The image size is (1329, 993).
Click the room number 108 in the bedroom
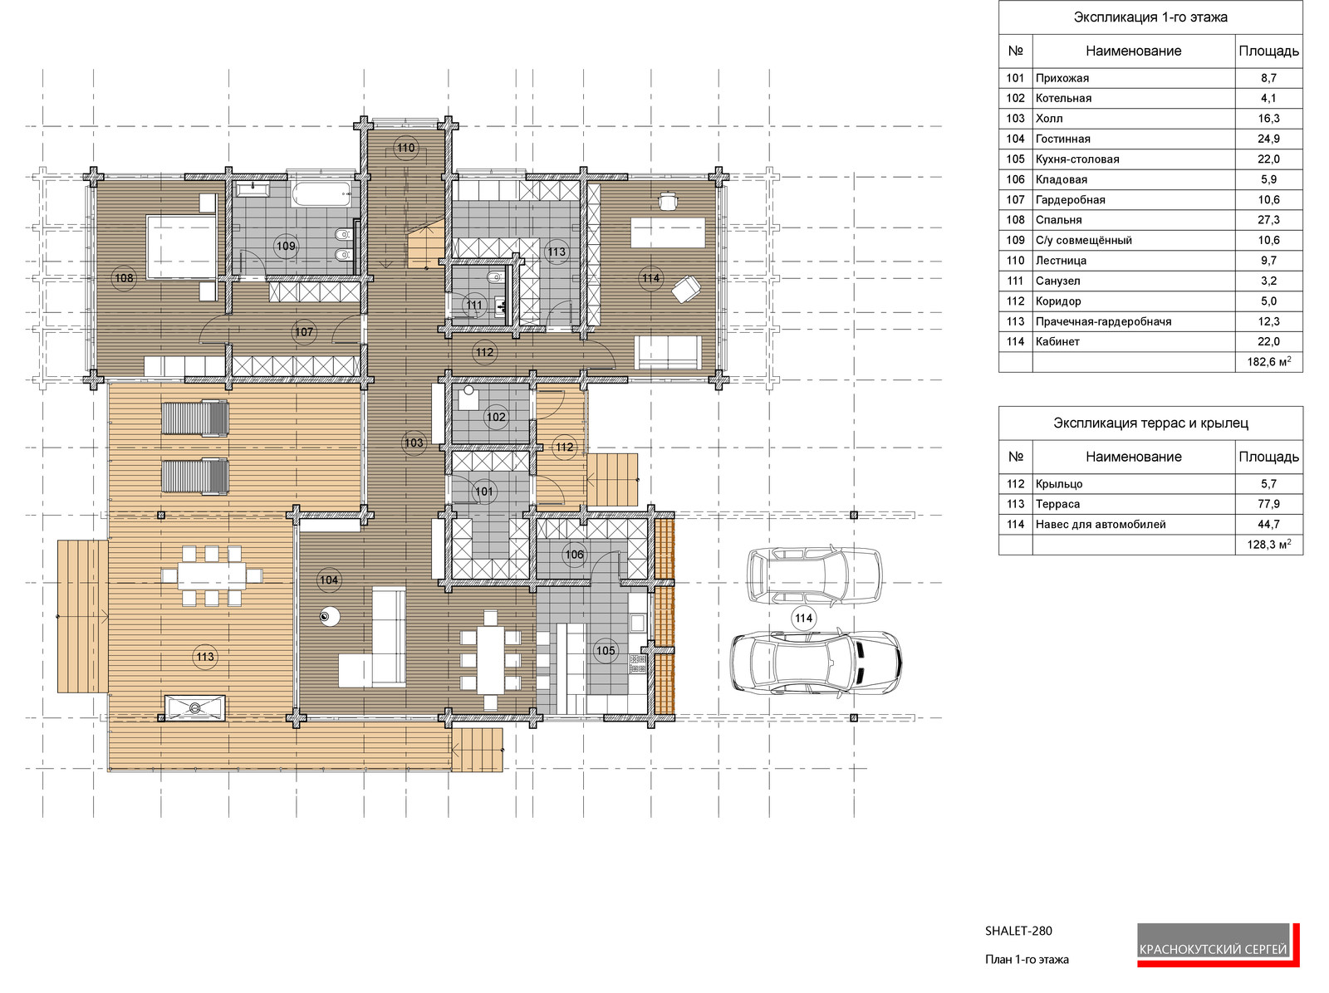(125, 278)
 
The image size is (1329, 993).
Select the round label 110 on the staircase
(405, 148)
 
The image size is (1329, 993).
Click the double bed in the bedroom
(181, 247)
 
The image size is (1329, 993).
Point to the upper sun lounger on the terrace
(194, 418)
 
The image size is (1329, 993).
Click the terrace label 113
(205, 657)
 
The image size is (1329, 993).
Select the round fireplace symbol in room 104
(329, 617)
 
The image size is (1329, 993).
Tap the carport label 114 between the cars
(803, 618)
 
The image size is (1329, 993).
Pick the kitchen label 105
(606, 650)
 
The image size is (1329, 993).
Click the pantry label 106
(575, 555)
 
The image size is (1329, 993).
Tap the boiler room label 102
(496, 417)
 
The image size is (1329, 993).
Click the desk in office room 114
(667, 232)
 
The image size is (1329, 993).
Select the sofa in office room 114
(667, 352)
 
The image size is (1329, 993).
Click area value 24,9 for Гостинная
(1268, 139)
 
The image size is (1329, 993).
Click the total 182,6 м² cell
(1268, 362)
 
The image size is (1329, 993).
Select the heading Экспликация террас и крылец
(1150, 423)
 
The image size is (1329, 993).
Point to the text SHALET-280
(1018, 931)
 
